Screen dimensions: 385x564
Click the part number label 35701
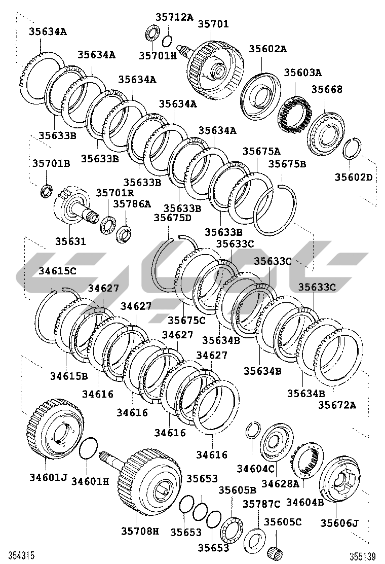[213, 24]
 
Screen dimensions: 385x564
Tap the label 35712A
[174, 17]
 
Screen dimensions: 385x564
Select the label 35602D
[354, 177]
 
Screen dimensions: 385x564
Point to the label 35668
[327, 89]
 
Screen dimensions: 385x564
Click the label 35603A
[303, 73]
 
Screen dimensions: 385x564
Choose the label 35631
[71, 241]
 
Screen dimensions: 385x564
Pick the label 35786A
[132, 203]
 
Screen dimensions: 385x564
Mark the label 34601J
[49, 477]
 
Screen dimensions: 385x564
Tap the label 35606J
[339, 522]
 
